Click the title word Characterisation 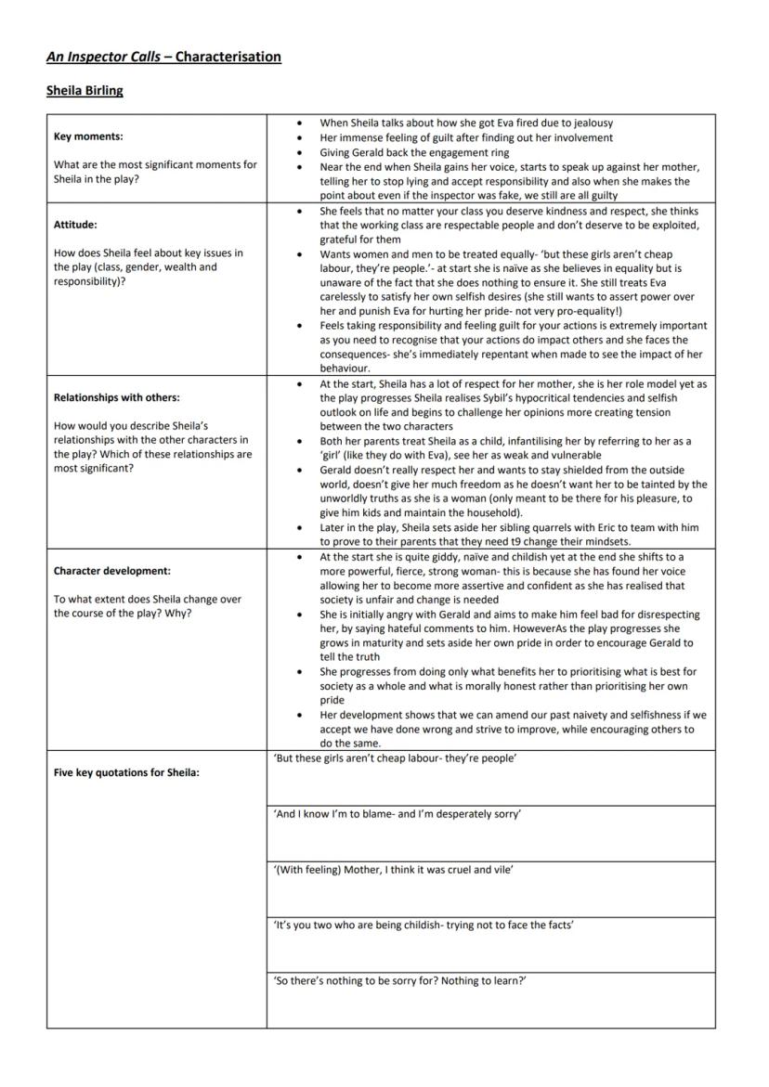[x=228, y=57]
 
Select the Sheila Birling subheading [x=85, y=91]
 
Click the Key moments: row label [x=88, y=136]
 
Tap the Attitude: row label [x=75, y=225]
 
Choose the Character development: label [x=112, y=571]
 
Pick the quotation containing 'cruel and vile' [x=394, y=870]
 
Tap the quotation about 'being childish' [x=423, y=925]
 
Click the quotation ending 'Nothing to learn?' [x=400, y=981]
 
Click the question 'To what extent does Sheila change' [x=147, y=600]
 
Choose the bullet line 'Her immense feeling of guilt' [x=466, y=137]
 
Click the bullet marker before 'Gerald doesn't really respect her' [x=298, y=471]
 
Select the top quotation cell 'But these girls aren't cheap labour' [x=396, y=758]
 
